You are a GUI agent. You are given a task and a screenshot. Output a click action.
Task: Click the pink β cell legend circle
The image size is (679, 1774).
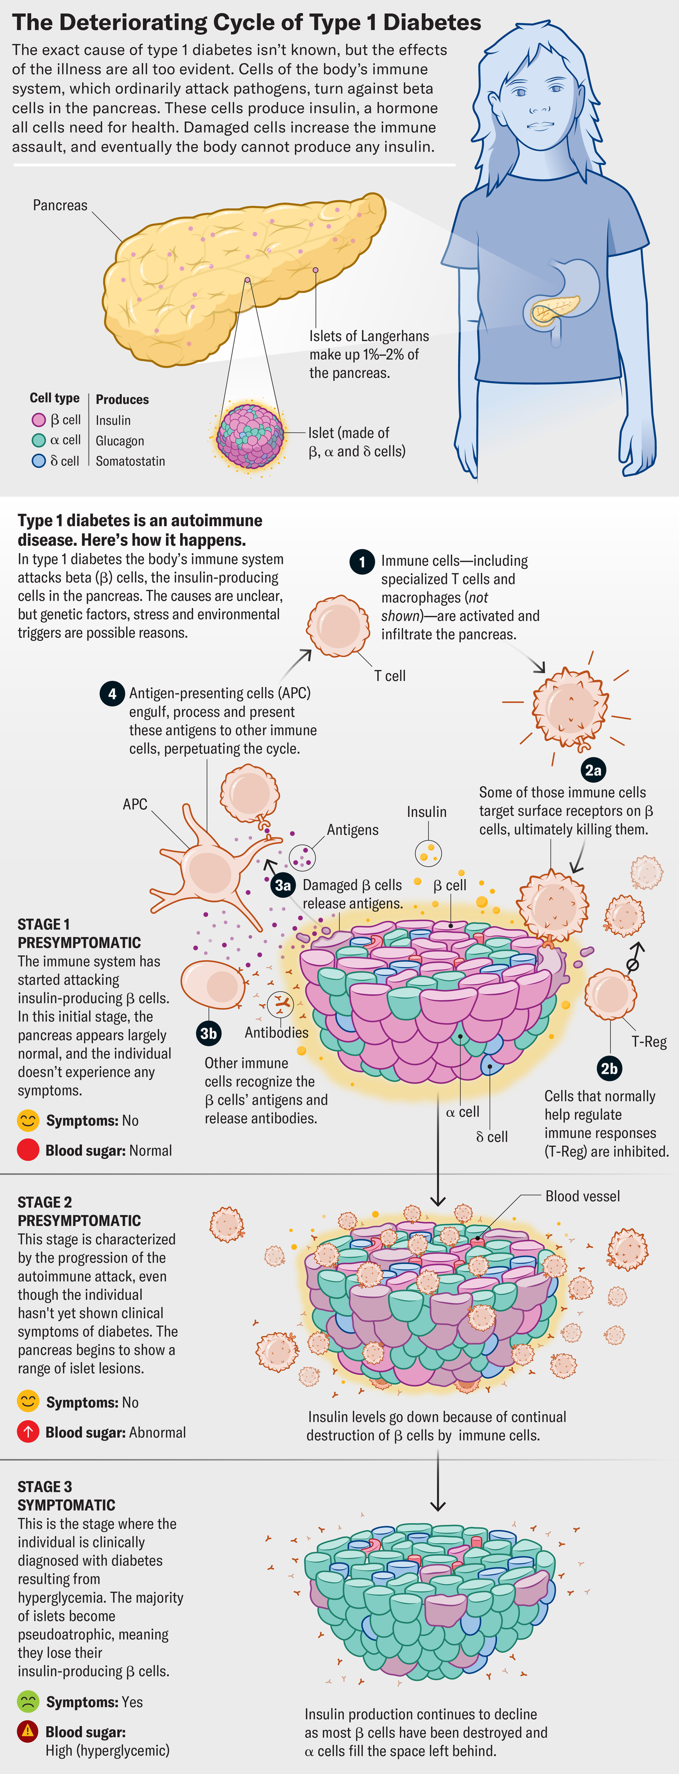point(39,420)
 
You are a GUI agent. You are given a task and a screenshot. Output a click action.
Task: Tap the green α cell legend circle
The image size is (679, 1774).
point(39,440)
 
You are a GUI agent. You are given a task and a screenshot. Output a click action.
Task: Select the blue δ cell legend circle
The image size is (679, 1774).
point(39,461)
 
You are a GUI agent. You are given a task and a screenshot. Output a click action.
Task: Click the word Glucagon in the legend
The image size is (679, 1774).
point(120,441)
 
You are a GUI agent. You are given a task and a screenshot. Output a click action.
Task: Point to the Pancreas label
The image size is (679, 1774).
point(60,205)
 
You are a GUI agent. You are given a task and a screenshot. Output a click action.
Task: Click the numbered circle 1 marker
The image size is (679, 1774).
point(362,562)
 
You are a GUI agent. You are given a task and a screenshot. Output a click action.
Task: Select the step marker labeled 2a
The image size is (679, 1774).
point(593,770)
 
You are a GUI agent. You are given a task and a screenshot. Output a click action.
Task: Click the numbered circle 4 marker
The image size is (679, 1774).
point(112,694)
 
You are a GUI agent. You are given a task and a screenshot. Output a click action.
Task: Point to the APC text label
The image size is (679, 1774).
point(135,804)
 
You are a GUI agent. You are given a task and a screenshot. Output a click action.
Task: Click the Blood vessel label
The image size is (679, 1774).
point(582,1196)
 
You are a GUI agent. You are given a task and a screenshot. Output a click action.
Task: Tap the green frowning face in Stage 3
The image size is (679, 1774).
point(28,1702)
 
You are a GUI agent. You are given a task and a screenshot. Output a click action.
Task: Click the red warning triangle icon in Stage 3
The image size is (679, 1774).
point(28,1731)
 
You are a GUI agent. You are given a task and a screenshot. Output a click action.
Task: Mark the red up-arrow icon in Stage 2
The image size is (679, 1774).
point(28,1432)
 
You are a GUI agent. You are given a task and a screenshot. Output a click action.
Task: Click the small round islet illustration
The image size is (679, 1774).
point(250,436)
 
